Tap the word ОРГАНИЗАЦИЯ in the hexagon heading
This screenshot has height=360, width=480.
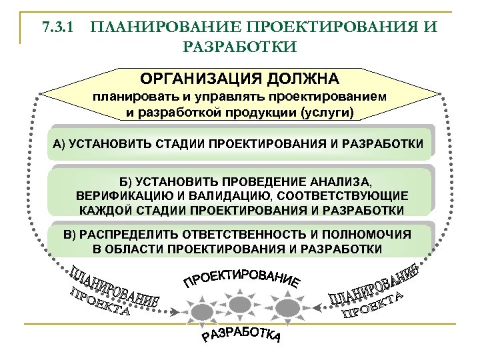[197, 79]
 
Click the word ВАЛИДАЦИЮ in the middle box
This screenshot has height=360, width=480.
[229, 196]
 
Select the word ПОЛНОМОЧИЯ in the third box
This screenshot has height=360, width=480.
[374, 235]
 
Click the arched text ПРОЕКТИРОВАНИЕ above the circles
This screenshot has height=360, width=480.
[241, 277]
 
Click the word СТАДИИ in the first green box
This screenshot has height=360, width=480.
[179, 144]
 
